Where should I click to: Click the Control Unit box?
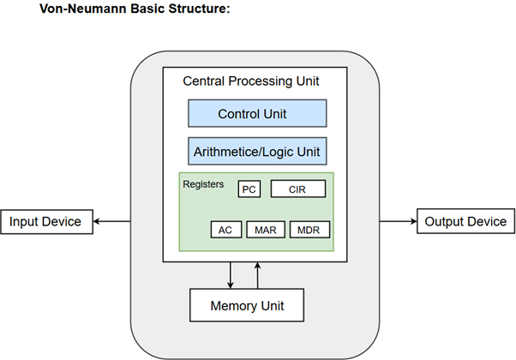pyautogui.click(x=257, y=113)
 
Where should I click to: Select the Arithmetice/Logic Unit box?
pyautogui.click(x=257, y=152)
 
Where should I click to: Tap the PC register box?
pyautogui.click(x=249, y=189)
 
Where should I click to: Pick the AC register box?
pyautogui.click(x=225, y=230)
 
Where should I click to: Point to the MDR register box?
pyautogui.click(x=309, y=230)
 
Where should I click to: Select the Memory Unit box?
pyautogui.click(x=247, y=305)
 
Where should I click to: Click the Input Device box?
pyautogui.click(x=45, y=222)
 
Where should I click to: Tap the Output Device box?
pyautogui.click(x=464, y=222)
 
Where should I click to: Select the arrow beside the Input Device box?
pyautogui.click(x=110, y=222)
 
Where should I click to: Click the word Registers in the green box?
pyautogui.click(x=203, y=183)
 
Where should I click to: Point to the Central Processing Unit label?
pyautogui.click(x=251, y=81)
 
